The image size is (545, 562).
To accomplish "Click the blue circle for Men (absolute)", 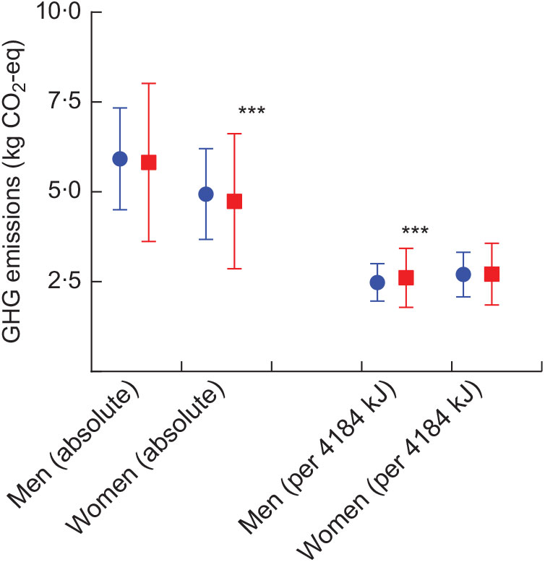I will (x=120, y=159).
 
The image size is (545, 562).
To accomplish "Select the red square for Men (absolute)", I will (x=149, y=162).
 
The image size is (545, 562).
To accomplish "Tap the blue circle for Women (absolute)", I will (x=206, y=194).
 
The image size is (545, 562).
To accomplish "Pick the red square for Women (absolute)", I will (x=234, y=202).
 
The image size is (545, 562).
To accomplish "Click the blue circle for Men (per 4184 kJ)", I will (x=377, y=282).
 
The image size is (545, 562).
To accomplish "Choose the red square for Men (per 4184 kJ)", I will (x=406, y=277).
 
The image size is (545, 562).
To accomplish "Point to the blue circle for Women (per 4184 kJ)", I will (x=463, y=274).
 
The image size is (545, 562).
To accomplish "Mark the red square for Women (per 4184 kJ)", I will (x=492, y=274).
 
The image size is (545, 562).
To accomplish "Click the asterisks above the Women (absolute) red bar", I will (x=252, y=112).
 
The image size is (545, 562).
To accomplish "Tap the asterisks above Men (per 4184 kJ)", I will (x=415, y=232).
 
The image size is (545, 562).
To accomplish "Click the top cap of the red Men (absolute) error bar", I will (x=149, y=84).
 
